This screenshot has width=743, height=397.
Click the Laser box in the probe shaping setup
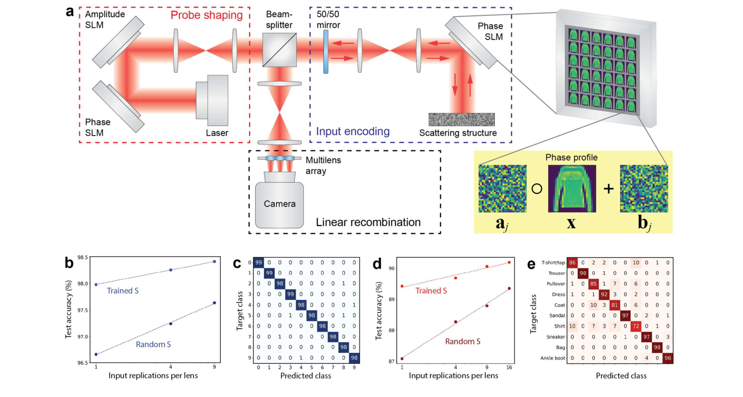coord(212,101)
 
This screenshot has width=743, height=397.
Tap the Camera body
coord(279,204)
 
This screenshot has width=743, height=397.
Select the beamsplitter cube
coord(279,50)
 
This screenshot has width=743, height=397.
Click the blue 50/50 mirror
coord(326,52)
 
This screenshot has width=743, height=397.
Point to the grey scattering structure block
coord(461,120)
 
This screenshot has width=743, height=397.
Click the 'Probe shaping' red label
coord(206,15)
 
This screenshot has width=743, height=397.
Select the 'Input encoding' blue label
coord(353,132)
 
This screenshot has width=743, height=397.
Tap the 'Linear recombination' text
coord(368,222)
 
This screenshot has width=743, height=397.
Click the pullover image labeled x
coord(572,189)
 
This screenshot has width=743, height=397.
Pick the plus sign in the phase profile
coord(608,189)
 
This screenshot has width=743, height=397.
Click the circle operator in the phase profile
coord(537,189)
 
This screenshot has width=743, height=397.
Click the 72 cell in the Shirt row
coord(636,326)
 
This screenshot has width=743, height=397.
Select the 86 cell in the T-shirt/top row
coord(572,263)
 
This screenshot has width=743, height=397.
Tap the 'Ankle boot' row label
coord(552,358)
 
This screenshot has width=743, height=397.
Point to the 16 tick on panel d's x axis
coord(509,367)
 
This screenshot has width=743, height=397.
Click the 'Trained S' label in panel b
coord(122,291)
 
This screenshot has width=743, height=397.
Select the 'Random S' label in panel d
coord(462,341)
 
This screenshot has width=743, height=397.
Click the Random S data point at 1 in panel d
coord(402,359)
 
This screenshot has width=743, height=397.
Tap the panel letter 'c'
coord(237,264)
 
